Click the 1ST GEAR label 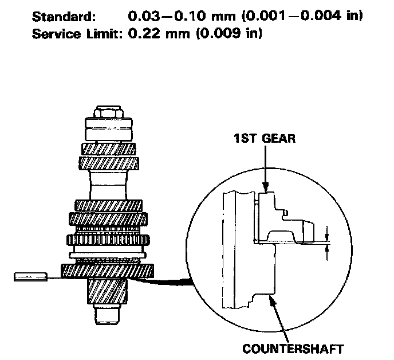pos(264,139)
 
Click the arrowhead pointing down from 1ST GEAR pos(265,186)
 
